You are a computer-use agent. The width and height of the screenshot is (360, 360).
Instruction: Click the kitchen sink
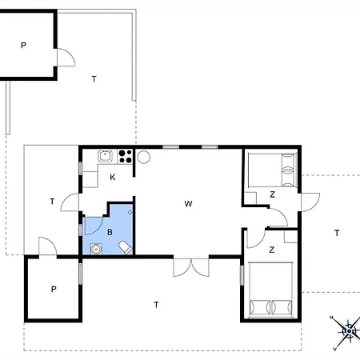point(105,156)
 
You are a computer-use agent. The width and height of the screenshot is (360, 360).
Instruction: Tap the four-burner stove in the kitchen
point(125,156)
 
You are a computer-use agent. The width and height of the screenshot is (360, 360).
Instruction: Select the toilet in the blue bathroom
point(126,248)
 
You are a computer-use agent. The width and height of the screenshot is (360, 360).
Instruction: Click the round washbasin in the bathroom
point(96,249)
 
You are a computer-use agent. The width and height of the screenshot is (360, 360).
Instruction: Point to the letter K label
point(113,178)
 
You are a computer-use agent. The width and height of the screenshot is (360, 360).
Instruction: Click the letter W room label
point(188,204)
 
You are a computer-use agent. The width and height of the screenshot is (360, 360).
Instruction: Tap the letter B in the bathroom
point(110,232)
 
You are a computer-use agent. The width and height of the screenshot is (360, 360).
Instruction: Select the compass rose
point(348,332)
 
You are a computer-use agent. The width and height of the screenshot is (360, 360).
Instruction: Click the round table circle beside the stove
point(143,157)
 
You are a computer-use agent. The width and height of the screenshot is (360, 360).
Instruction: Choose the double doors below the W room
point(191,267)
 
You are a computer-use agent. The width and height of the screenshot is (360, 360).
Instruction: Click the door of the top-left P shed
point(66,58)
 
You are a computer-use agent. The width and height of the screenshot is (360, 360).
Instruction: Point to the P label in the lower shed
point(54,290)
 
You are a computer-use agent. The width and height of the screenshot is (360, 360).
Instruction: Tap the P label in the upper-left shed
point(23,46)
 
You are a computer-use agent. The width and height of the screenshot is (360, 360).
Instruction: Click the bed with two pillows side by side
point(270,290)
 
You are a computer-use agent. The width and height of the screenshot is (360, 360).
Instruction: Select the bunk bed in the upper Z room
point(272,170)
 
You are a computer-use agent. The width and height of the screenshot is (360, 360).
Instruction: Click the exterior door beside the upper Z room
point(310,202)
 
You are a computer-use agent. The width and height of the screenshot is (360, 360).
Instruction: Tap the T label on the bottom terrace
point(157,305)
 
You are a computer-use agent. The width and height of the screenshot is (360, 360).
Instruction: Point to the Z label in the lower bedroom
point(272,250)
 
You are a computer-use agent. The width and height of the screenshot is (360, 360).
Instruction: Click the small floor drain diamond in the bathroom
point(130,212)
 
